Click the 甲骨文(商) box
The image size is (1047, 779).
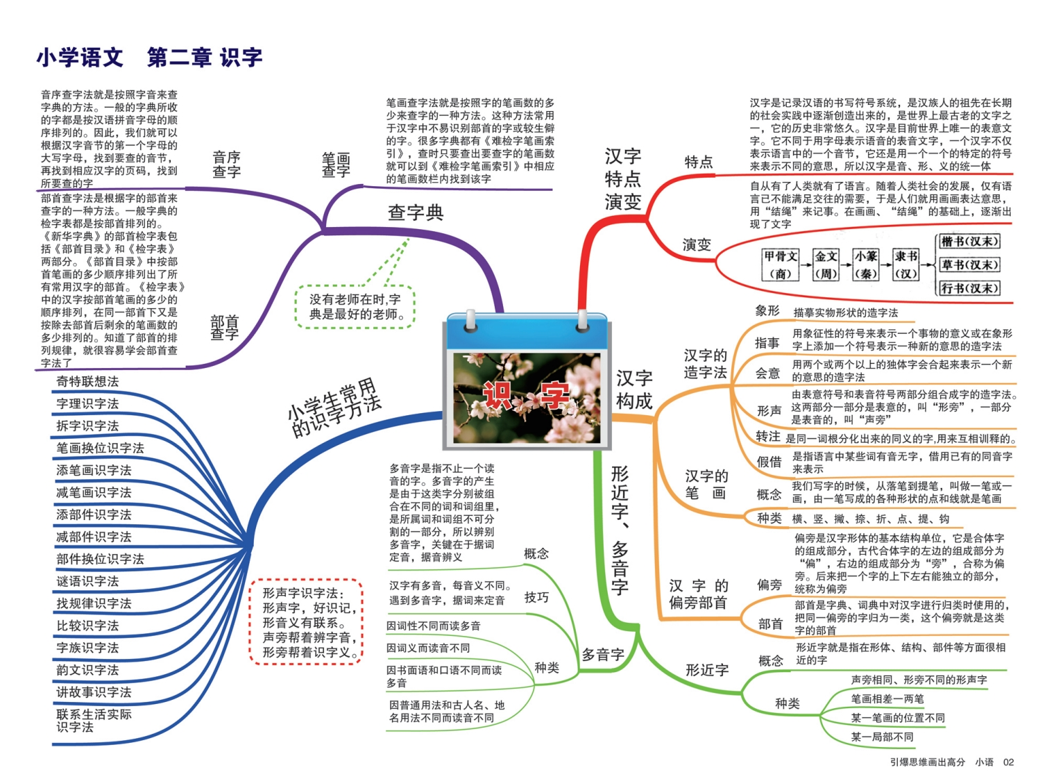[x=781, y=265]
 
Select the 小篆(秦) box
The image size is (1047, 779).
[x=866, y=265]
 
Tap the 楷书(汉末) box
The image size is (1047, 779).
[x=969, y=242]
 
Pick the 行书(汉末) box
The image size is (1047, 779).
[x=969, y=288]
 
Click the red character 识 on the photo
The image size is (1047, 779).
[x=497, y=396]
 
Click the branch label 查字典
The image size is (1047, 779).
[x=416, y=212]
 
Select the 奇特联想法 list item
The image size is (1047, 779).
[x=87, y=381]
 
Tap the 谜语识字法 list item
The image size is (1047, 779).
[x=87, y=581]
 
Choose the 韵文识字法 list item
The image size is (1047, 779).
[x=87, y=670]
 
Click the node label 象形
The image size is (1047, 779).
[x=767, y=310]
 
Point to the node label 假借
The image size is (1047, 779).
[x=769, y=462]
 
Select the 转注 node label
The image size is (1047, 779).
[x=767, y=437]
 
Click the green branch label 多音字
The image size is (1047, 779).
[x=603, y=655]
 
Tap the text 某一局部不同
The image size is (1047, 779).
[x=882, y=737]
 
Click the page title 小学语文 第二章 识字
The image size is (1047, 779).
[x=150, y=58]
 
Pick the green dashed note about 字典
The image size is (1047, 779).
[x=355, y=307]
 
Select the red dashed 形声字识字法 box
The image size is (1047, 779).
[x=306, y=621]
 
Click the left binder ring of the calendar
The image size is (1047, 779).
[x=470, y=321]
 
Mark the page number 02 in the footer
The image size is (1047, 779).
[x=1008, y=762]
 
